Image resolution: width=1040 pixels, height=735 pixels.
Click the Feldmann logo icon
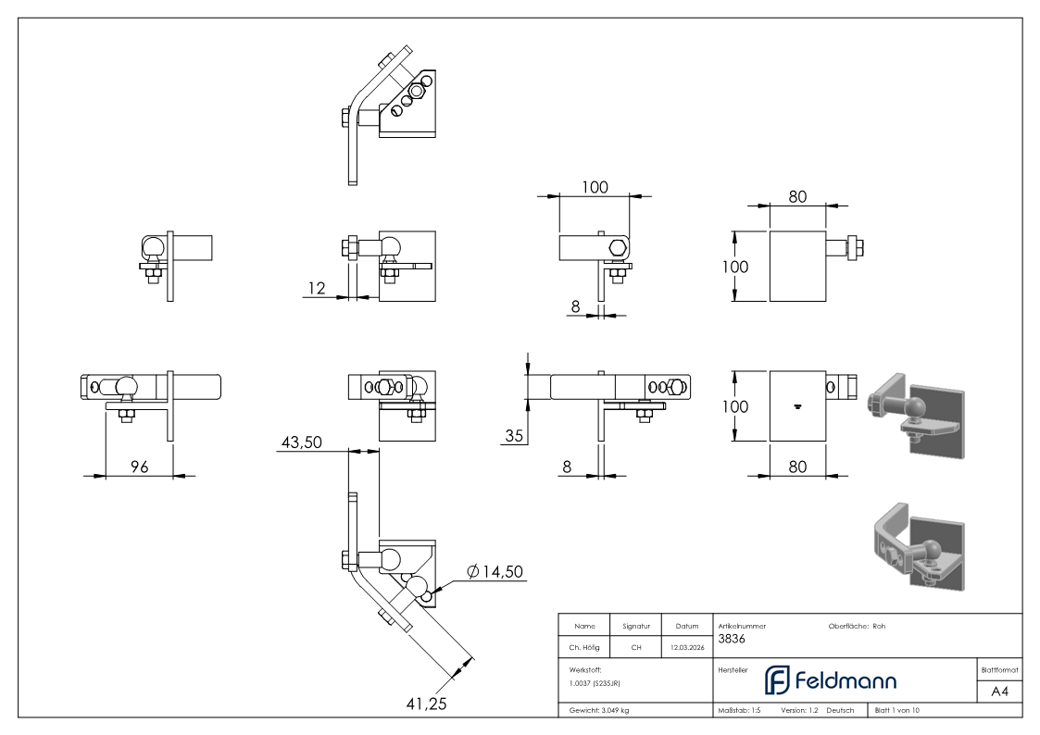pyautogui.click(x=777, y=680)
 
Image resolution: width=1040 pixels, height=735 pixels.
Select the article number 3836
pyautogui.click(x=732, y=639)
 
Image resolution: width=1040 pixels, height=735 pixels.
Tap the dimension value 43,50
pyautogui.click(x=302, y=442)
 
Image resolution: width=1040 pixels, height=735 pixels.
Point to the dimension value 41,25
pyautogui.click(x=427, y=704)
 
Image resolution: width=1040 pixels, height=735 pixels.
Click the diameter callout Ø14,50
pyautogui.click(x=495, y=571)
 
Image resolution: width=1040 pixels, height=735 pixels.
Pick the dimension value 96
pyautogui.click(x=139, y=467)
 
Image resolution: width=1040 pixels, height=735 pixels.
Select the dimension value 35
pyautogui.click(x=514, y=435)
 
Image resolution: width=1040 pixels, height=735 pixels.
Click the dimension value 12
pyautogui.click(x=317, y=288)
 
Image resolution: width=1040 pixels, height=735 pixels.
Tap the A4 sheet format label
pyautogui.click(x=999, y=691)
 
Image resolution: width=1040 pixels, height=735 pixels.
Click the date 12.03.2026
pyautogui.click(x=687, y=647)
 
